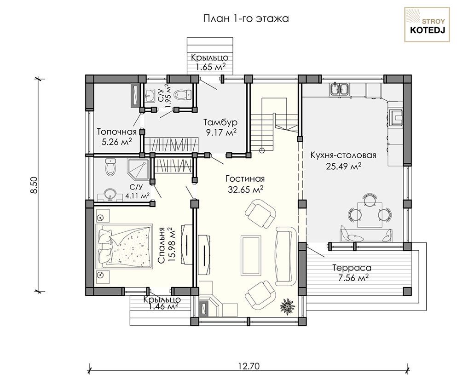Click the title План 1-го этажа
(x=246, y=19)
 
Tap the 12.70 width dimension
(x=249, y=366)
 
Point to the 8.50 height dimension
(x=35, y=185)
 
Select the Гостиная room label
(x=245, y=178)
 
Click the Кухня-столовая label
(x=343, y=155)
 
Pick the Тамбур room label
(x=220, y=122)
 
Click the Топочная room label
(x=116, y=132)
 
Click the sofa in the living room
(x=286, y=256)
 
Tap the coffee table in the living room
(x=251, y=255)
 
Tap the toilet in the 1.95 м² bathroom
(x=182, y=94)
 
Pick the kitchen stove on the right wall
(x=396, y=117)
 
